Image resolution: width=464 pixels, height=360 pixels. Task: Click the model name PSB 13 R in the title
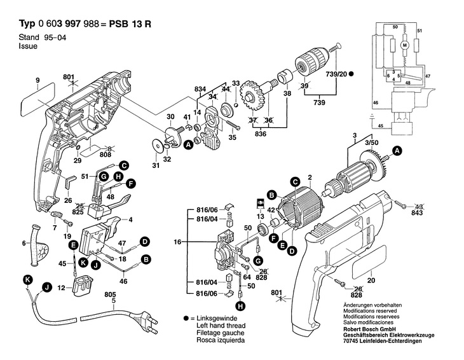130,25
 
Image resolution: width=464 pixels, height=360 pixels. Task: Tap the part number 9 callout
38,80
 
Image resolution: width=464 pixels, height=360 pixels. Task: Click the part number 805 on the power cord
110,294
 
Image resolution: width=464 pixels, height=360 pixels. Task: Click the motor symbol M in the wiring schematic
405,45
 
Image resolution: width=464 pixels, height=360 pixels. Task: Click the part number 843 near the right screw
416,212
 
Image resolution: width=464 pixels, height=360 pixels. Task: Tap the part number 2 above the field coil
309,177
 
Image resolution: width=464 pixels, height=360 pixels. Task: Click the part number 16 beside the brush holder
179,242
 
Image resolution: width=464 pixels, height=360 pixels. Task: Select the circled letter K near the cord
27,279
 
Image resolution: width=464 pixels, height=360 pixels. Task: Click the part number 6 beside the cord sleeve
24,243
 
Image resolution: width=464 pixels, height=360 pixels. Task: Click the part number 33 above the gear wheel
235,83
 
